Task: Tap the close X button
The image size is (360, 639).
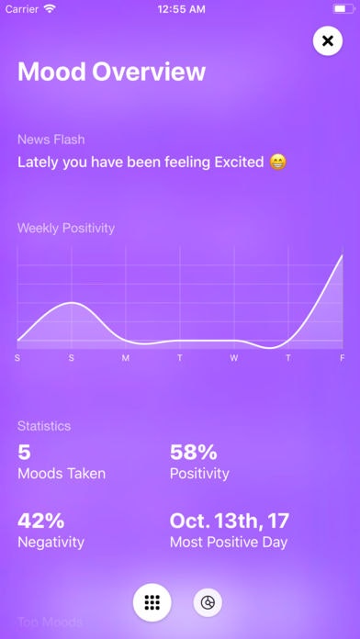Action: tap(328, 41)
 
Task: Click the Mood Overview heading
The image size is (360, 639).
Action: tap(111, 73)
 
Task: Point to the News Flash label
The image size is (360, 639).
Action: tap(51, 140)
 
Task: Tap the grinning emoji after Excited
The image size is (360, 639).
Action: tap(278, 163)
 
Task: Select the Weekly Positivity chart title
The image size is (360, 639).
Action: tap(66, 228)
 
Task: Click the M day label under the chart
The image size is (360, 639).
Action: tap(126, 357)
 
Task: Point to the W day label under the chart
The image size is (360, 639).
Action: tap(234, 357)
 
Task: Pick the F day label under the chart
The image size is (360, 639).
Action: tap(342, 357)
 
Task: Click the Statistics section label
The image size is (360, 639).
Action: tap(44, 426)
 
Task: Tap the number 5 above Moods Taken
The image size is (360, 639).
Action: tap(24, 451)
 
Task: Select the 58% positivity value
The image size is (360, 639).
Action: tap(193, 451)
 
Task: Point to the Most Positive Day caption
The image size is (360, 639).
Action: tap(229, 542)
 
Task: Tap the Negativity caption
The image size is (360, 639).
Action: tap(51, 542)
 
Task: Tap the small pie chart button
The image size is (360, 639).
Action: tap(208, 603)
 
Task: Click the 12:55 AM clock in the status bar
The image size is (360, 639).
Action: tap(180, 8)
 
